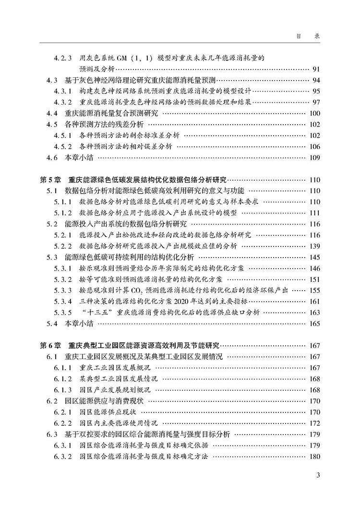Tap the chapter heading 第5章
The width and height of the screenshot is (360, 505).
click(50, 180)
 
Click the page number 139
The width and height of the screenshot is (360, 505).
click(314, 246)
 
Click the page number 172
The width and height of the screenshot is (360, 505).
click(314, 423)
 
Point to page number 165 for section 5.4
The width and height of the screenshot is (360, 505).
click(314, 323)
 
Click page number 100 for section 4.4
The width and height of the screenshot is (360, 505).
click(314, 114)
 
